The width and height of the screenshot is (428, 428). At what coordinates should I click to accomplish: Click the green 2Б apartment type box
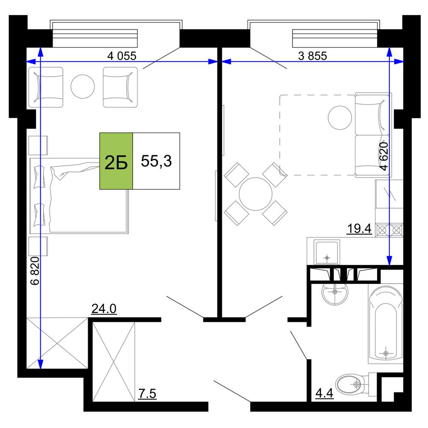click(x=116, y=161)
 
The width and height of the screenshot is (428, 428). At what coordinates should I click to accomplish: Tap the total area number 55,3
click(x=156, y=161)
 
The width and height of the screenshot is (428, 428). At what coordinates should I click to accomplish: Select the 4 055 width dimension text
click(x=122, y=56)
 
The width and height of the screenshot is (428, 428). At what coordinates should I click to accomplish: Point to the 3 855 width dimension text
click(x=312, y=56)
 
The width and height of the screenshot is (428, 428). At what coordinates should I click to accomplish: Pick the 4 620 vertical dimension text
click(x=384, y=156)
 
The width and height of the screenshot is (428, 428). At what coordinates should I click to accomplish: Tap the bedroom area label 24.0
click(x=104, y=309)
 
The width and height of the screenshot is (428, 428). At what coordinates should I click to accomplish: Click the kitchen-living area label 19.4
click(x=359, y=229)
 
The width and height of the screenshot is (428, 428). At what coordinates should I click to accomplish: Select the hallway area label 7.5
click(x=147, y=394)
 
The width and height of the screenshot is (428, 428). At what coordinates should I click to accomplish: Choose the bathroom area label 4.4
click(x=324, y=393)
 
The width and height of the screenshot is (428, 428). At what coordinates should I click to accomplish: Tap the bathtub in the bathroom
click(x=386, y=323)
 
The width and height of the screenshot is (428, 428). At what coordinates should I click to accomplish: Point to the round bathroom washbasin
click(x=335, y=293)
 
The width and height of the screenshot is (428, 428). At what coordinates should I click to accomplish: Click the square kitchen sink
click(x=327, y=252)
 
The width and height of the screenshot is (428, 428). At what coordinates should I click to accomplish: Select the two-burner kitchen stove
click(x=389, y=230)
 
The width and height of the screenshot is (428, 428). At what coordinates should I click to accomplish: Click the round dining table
click(x=256, y=194)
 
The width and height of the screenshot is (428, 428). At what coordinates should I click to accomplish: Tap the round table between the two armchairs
click(x=83, y=86)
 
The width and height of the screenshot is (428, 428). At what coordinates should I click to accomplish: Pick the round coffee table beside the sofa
click(x=340, y=118)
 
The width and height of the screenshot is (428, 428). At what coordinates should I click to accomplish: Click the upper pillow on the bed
click(x=39, y=177)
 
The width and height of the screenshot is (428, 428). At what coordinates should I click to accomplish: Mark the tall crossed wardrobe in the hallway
click(x=114, y=362)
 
